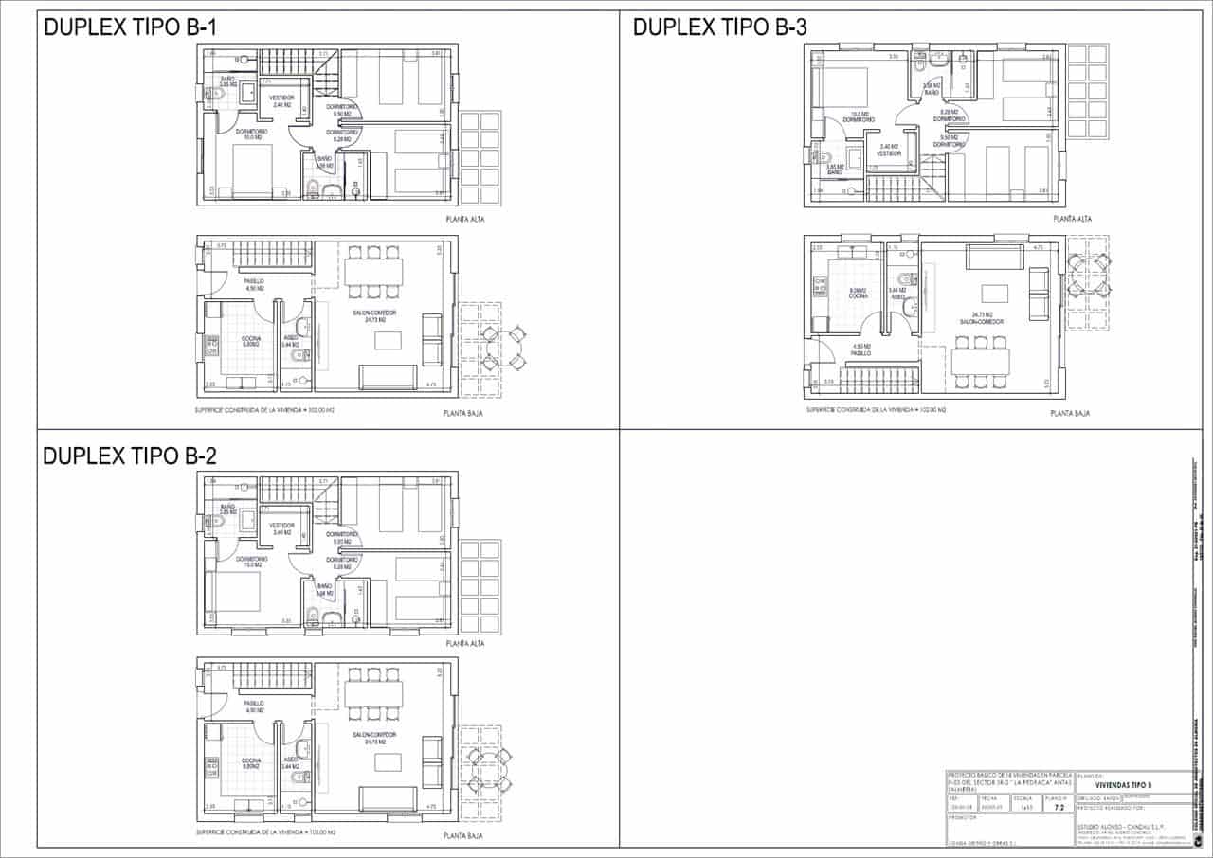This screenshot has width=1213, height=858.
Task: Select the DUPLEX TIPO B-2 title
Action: [131, 456]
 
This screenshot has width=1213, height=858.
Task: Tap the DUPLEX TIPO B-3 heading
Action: [719, 27]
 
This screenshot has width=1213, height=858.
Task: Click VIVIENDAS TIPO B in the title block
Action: [1123, 785]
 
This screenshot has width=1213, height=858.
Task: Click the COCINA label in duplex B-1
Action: [251, 339]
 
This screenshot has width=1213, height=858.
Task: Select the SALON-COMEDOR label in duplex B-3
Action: [982, 321]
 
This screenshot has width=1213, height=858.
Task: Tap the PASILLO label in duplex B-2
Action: [253, 705]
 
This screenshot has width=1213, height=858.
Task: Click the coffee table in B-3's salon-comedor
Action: [994, 292]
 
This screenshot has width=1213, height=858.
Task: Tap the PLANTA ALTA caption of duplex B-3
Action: [1073, 219]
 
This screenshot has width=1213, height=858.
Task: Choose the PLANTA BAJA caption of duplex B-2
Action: [463, 837]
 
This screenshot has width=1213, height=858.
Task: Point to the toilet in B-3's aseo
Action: [906, 279]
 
